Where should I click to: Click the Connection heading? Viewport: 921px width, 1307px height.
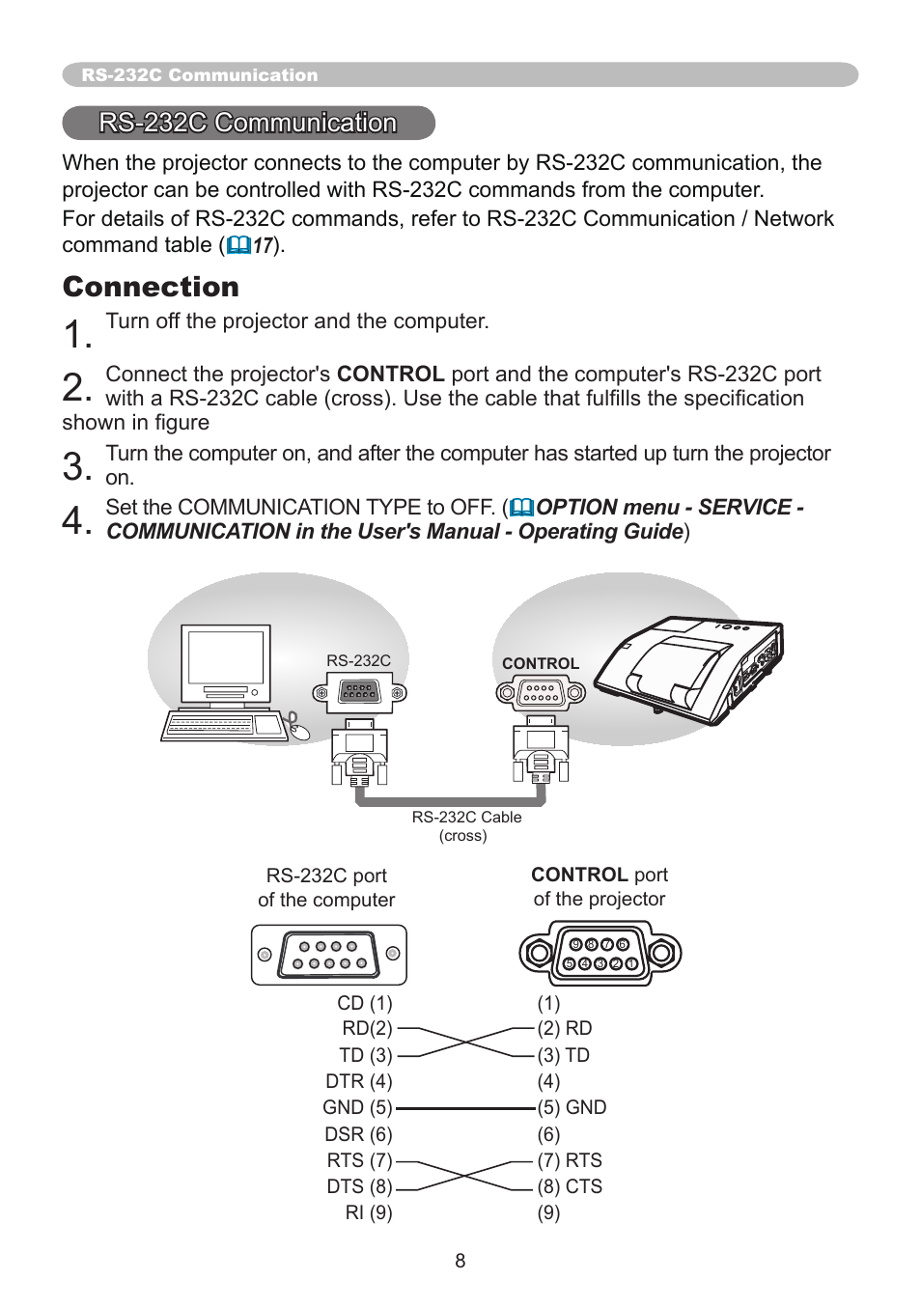[151, 287]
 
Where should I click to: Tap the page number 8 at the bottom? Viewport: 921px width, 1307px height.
[460, 1261]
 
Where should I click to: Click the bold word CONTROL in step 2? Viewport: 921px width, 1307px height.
[390, 375]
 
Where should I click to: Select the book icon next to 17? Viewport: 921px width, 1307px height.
[238, 246]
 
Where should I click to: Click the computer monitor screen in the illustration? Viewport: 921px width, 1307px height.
[226, 657]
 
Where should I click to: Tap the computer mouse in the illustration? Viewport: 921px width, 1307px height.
[300, 731]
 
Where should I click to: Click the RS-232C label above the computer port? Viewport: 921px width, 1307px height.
[358, 661]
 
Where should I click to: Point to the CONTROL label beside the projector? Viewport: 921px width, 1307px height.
[540, 664]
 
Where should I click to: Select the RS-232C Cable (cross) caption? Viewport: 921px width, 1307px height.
[466, 825]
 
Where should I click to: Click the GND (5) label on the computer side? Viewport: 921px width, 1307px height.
[357, 1108]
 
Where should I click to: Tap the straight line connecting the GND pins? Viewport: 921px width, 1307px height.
[465, 1108]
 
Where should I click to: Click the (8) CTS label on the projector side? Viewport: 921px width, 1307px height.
[570, 1186]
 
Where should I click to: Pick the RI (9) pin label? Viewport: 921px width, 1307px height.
[369, 1212]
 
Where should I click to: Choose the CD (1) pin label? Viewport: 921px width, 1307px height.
[364, 1003]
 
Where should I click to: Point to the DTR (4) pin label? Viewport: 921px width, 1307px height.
[358, 1082]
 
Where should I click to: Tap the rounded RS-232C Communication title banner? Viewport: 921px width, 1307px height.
[248, 123]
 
